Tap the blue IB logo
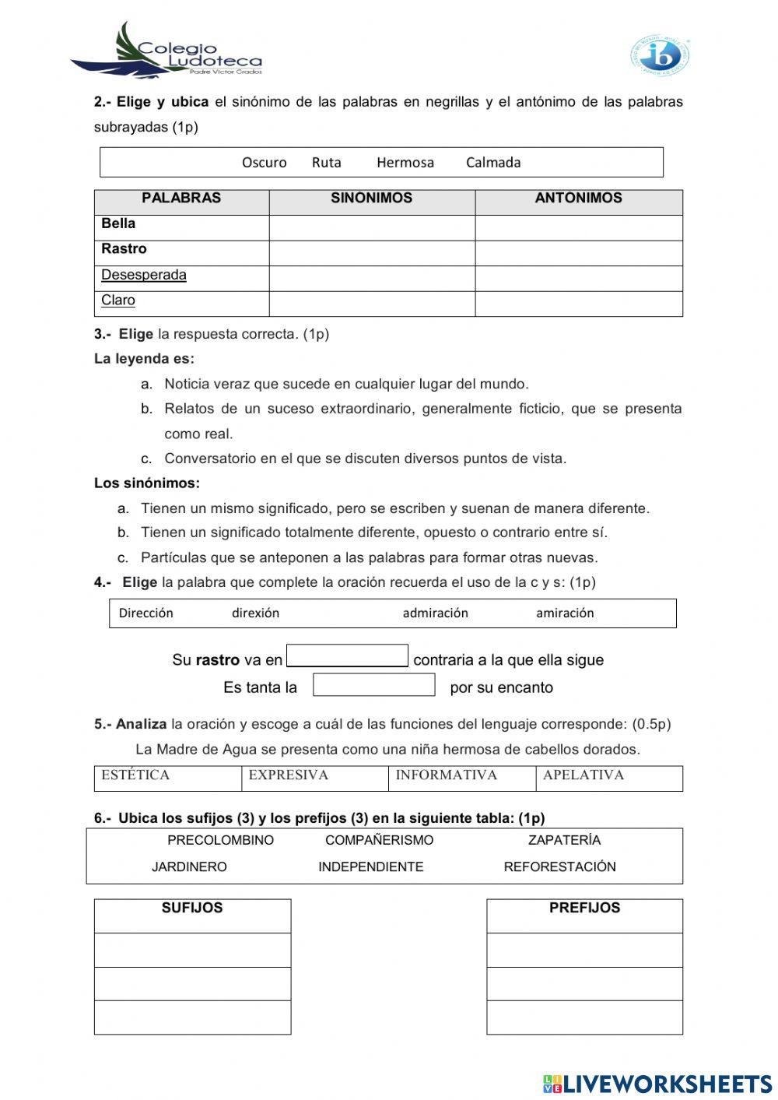point(660,55)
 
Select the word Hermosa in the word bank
point(405,163)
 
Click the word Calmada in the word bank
point(493,163)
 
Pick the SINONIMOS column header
point(371,199)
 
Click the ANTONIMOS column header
point(578,199)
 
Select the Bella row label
point(118,224)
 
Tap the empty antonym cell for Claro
point(578,304)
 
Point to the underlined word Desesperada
point(144,275)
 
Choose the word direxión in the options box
point(255,613)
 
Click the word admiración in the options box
point(435,613)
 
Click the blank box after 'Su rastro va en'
point(347,656)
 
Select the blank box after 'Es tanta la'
point(373,685)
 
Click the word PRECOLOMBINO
point(220,841)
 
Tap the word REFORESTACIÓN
point(559,867)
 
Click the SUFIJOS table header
point(192,908)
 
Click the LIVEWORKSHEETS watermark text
point(667,1084)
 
